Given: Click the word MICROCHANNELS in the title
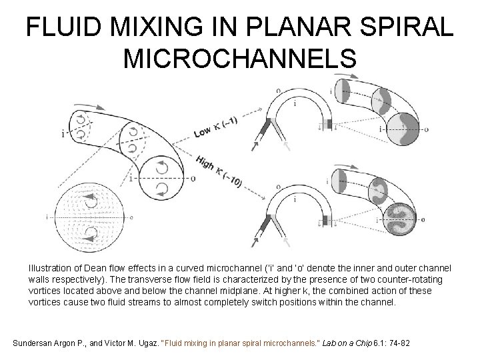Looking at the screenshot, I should coord(240,60).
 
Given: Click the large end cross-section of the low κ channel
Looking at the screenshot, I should coord(403,129).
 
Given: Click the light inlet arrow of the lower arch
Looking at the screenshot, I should coord(286,239).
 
